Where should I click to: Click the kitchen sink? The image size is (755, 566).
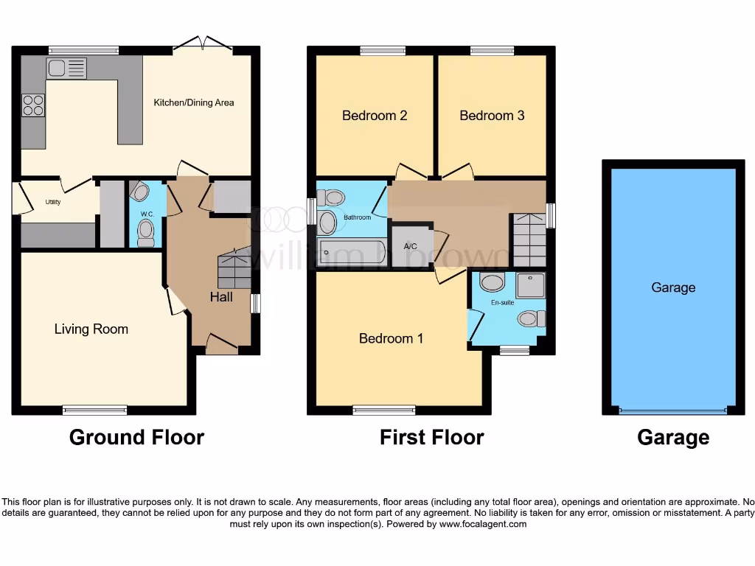(66, 69)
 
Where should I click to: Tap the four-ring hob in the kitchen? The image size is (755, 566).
(32, 105)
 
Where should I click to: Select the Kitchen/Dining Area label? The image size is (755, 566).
(193, 102)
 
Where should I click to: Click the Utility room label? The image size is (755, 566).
(52, 201)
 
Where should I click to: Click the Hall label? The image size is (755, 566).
(221, 296)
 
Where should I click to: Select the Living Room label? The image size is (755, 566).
(91, 329)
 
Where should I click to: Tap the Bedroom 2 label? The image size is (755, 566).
(375, 116)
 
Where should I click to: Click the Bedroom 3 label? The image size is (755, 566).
(492, 116)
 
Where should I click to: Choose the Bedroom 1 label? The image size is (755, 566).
(391, 338)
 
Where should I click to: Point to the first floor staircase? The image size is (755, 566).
(529, 240)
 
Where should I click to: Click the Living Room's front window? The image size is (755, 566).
(94, 410)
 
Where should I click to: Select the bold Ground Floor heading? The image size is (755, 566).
(136, 437)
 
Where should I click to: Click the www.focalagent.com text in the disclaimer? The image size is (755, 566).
(483, 525)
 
